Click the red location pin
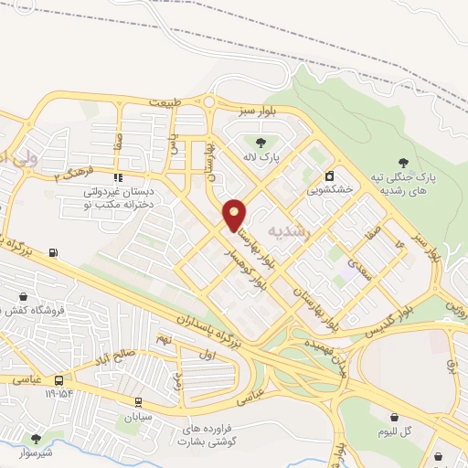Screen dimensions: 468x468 click(x=235, y=215)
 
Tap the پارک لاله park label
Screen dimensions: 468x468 click(x=261, y=157)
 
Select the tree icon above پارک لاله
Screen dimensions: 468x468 click(x=261, y=142)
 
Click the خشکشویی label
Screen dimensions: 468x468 click(x=327, y=190)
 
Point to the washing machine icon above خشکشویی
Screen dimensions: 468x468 click(x=328, y=175)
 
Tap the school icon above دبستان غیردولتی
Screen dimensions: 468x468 click(x=117, y=177)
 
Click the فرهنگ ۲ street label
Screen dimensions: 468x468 click(x=73, y=173)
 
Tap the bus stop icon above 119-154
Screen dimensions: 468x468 click(x=59, y=379)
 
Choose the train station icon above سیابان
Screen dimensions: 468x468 click(x=138, y=400)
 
